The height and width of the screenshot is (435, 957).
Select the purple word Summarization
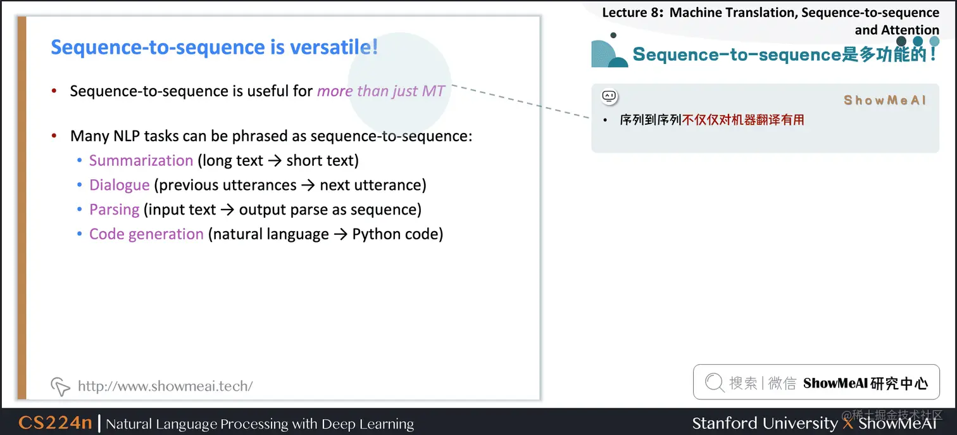coord(141,161)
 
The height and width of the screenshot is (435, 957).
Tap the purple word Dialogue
coord(119,185)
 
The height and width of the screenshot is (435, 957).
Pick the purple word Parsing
coord(114,210)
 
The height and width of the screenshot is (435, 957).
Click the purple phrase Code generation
coord(146,234)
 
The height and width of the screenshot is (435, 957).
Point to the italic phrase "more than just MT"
coord(380,91)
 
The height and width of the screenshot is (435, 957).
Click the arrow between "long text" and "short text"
coord(274,161)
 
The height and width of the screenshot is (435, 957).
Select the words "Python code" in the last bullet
coord(397,234)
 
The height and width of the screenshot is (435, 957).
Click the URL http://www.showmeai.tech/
coord(165,386)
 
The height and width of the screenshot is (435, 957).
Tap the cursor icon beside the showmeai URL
coord(60,386)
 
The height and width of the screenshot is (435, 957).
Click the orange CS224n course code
coord(56,423)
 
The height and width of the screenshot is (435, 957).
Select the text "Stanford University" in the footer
coord(765,423)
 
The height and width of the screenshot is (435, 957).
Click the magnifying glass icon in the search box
coord(714,382)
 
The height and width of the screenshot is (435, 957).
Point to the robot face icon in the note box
coord(609,96)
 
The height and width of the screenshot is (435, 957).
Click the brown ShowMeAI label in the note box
coord(885,100)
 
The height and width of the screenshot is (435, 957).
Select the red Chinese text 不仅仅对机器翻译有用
coord(743,120)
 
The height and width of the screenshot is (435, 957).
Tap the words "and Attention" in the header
coord(896,30)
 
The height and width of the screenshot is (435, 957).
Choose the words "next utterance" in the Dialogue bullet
coord(373,185)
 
